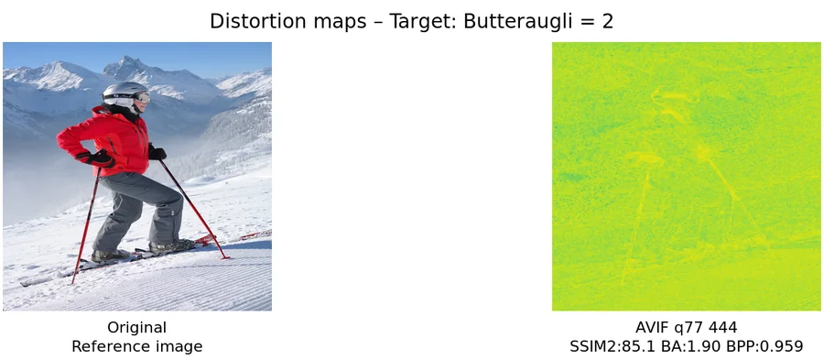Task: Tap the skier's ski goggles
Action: [x=139, y=96]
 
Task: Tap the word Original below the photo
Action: [x=136, y=327]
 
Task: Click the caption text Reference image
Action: [x=136, y=346]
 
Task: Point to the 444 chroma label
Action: [x=723, y=327]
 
